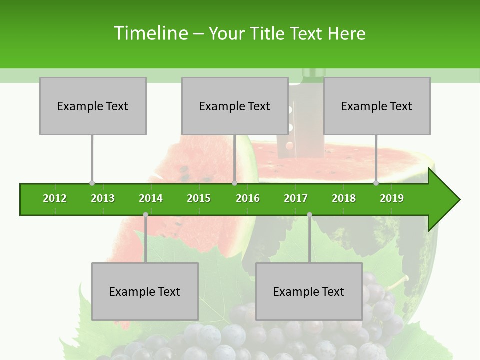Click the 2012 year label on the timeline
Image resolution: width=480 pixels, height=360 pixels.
coord(55,198)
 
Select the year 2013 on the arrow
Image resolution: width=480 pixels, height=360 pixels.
coord(103,198)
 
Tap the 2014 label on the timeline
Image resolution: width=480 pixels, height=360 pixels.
coord(151,198)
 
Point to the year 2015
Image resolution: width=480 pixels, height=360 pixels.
coord(199,198)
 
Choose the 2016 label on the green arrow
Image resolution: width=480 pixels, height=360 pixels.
coord(248,198)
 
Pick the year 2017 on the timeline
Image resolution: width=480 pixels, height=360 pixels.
coord(296,198)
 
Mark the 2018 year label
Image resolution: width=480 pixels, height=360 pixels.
coord(344,198)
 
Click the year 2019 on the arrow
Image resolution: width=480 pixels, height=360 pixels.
coord(392,198)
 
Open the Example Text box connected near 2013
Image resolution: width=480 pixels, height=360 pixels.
coord(93,106)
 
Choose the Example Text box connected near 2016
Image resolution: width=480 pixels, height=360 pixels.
coord(235,106)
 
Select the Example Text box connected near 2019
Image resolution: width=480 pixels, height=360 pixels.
coord(377,106)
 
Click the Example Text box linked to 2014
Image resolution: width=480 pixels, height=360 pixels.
coord(145,291)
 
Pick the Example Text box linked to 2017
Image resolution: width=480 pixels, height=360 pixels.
coord(309,291)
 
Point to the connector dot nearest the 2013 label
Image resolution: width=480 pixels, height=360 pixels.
coord(92,183)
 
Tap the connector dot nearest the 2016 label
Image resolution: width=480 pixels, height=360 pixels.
coord(234,183)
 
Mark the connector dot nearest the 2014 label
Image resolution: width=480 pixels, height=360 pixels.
coord(145,214)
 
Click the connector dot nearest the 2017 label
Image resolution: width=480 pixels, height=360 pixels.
coord(309,214)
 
